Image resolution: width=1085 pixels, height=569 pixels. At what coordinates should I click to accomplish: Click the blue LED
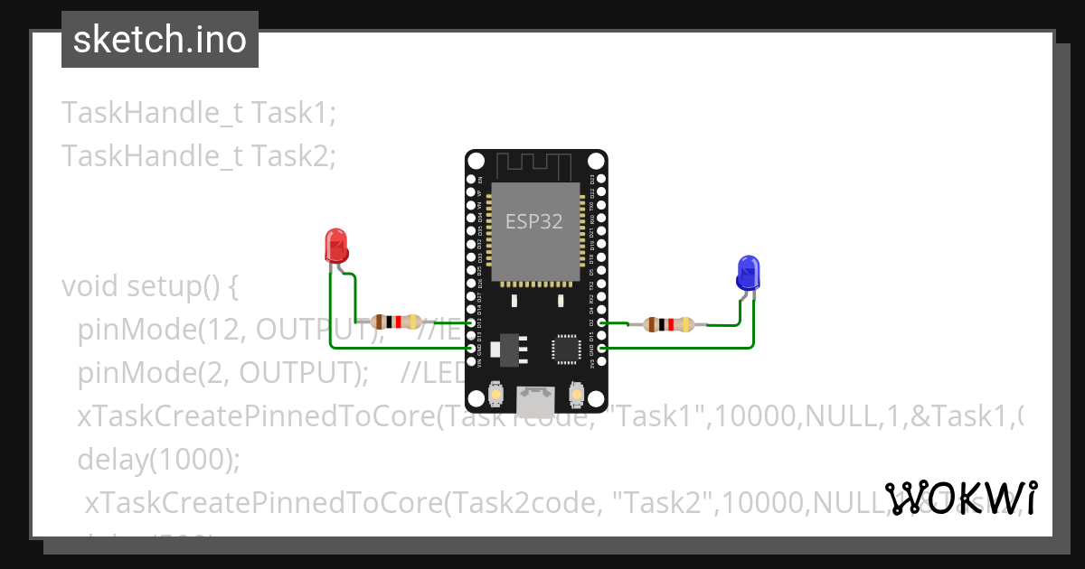(749, 272)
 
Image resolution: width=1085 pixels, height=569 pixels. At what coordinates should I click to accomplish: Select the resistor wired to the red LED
(396, 322)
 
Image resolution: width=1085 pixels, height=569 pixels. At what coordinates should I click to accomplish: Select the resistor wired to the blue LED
(668, 324)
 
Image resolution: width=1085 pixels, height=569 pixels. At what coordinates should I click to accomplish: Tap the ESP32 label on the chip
(533, 222)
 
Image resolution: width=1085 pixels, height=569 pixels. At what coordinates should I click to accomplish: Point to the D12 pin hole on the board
(470, 322)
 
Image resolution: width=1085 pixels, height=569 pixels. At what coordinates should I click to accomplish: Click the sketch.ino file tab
(160, 40)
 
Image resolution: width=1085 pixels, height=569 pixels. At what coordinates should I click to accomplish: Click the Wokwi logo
(961, 498)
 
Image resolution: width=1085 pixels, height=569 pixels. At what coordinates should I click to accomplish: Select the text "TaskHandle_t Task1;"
(199, 113)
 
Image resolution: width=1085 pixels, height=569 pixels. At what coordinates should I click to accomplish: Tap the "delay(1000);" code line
(159, 460)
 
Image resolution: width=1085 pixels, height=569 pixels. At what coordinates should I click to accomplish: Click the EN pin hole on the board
(470, 180)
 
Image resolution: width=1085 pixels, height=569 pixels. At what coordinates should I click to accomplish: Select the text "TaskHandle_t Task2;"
(199, 156)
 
